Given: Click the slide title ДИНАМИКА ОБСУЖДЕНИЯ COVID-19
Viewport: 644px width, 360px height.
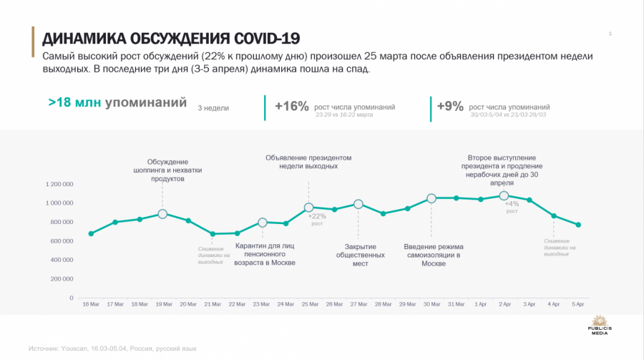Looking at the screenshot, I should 171,38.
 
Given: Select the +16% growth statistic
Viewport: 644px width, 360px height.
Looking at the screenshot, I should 292,107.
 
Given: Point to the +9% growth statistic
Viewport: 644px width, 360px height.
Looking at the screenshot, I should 452,107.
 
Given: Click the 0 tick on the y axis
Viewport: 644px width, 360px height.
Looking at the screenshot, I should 72,298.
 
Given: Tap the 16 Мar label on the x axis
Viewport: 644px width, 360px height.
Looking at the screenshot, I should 91,305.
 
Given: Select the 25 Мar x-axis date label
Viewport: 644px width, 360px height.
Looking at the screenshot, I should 309,305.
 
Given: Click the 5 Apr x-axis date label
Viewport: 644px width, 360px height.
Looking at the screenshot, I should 577,305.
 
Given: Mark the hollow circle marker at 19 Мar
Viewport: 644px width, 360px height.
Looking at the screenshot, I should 162,214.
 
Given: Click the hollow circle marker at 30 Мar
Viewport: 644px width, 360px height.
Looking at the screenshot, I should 431,198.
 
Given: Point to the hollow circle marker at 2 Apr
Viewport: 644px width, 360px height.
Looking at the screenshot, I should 504,195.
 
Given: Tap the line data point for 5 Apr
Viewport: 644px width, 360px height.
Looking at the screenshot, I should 578,225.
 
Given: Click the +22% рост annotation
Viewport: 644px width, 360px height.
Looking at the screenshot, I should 317,219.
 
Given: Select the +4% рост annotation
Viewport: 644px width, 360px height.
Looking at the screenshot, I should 512,207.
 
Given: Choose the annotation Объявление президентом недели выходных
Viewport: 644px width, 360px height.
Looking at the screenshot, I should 308,162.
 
